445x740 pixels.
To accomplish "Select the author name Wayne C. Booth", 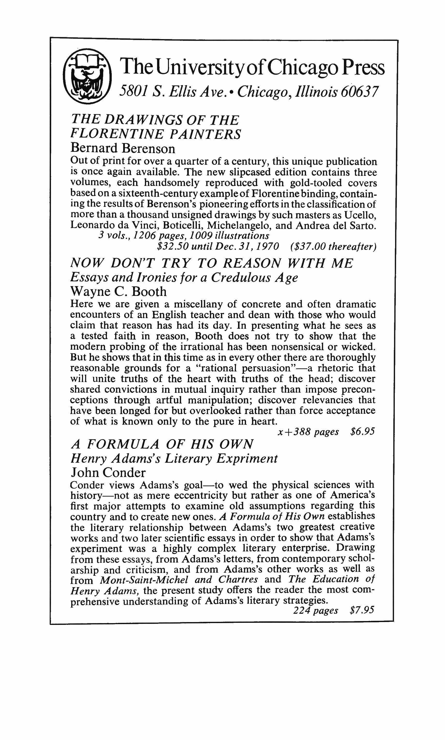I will tap(118, 291).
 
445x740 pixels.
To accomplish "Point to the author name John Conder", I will tap(108, 473).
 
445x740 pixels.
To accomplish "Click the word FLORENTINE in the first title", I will tap(117, 134).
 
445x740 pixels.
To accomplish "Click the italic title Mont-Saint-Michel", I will tap(144, 579).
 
